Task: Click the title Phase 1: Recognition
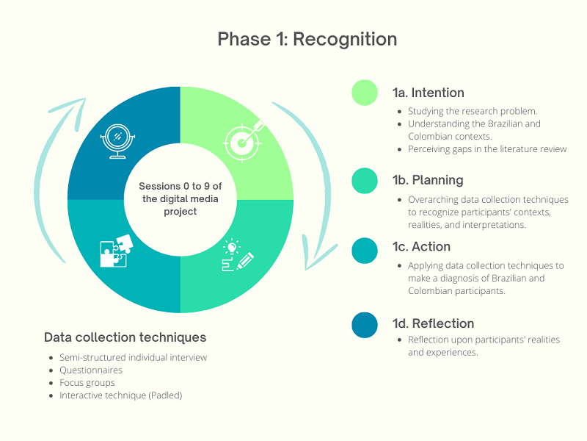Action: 307,40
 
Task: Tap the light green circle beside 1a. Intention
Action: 365,93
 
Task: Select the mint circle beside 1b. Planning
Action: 365,181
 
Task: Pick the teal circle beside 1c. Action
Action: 365,251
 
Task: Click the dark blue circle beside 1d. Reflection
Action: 365,325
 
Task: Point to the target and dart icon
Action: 244,141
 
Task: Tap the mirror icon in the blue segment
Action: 117,141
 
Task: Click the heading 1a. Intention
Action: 429,93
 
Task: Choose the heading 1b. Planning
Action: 428,180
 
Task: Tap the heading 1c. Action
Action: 421,247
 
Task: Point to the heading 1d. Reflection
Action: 433,323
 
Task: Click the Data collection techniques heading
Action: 125,337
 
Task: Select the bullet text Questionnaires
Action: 91,370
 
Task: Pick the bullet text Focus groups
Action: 87,383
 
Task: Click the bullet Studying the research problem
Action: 473,111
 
